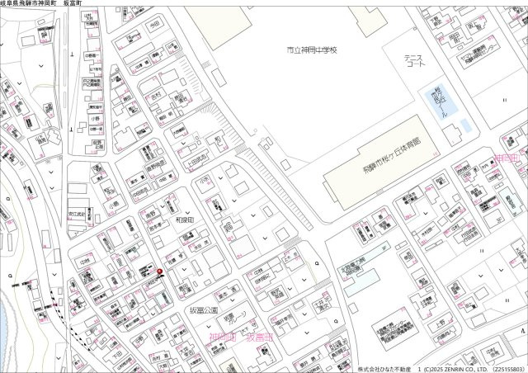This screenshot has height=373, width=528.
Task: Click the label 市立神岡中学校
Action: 312,50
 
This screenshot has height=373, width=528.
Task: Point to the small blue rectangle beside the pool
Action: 465,125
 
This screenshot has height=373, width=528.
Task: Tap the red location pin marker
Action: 160,271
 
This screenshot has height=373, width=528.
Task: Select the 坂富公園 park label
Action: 203,311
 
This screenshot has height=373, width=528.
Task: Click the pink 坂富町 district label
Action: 260,338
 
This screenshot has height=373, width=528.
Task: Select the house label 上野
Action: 437,326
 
